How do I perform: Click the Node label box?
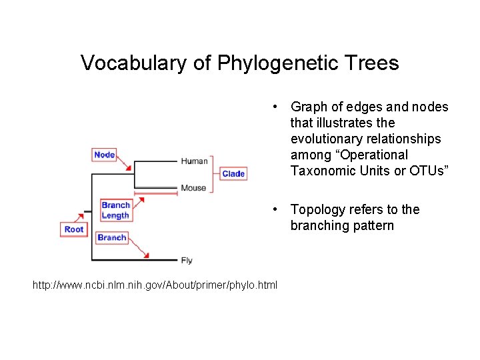pos(105,155)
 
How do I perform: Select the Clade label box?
pos(233,173)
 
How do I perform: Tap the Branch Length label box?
pos(115,210)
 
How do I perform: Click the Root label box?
pos(74,229)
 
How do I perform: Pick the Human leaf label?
pos(194,161)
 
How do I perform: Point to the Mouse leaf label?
pos(193,188)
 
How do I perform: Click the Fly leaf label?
pos(187,260)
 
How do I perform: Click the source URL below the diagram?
pos(155,285)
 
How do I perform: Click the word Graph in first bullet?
pos(309,107)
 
